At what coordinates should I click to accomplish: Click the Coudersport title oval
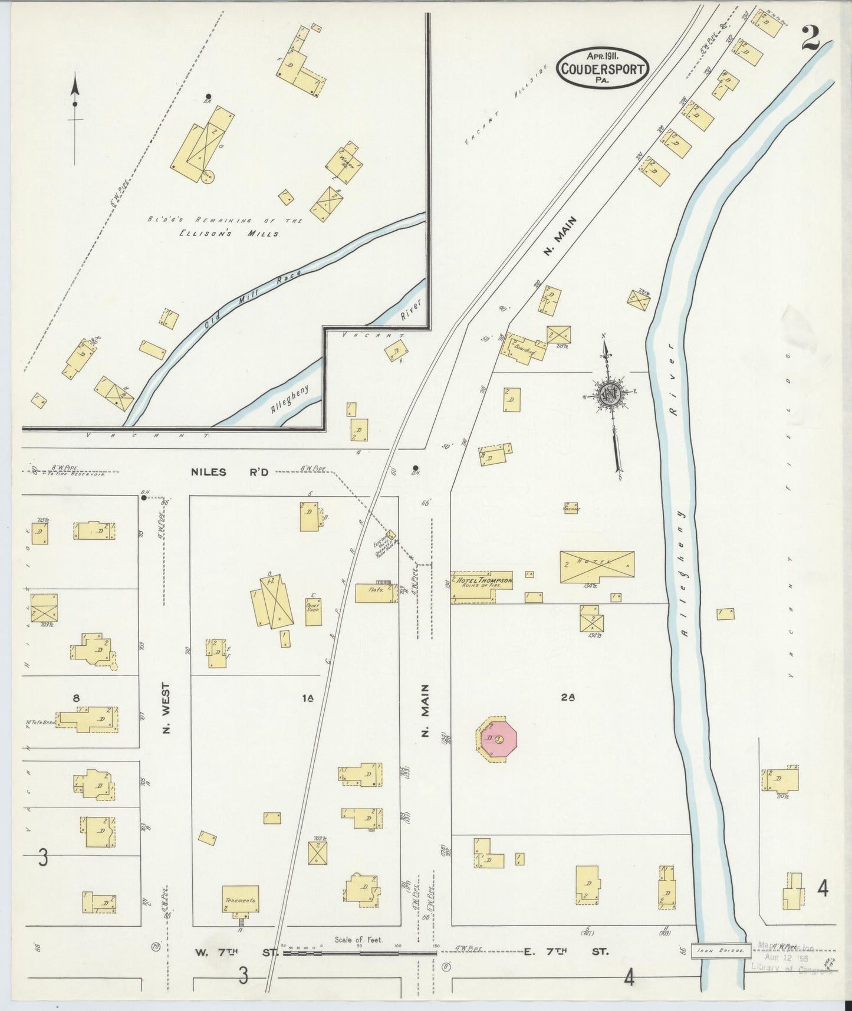(602, 68)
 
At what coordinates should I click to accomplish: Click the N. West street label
(166, 708)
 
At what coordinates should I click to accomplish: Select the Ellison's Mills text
(229, 234)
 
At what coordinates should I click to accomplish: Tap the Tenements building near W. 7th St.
(240, 901)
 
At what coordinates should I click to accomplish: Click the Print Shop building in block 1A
(313, 612)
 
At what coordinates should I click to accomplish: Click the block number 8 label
(76, 698)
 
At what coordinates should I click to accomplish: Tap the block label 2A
(567, 697)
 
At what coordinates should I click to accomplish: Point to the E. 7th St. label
(565, 951)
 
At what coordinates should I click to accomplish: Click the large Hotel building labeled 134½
(597, 567)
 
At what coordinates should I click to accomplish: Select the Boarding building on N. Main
(524, 349)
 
